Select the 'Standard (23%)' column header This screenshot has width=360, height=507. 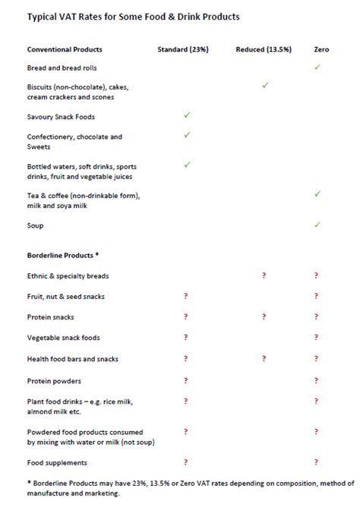tap(182, 49)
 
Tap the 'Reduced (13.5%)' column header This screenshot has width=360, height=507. tap(264, 49)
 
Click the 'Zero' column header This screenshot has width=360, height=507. tap(321, 49)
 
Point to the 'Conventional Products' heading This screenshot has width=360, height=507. tap(65, 49)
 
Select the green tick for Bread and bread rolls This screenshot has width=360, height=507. tap(317, 68)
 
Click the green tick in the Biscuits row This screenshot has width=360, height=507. tap(265, 86)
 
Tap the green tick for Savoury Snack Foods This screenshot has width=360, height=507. tap(186, 115)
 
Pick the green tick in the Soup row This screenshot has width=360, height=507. tap(317, 225)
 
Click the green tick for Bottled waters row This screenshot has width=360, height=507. tap(186, 164)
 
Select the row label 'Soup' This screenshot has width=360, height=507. tap(36, 225)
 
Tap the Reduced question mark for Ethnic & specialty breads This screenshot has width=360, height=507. tap(264, 276)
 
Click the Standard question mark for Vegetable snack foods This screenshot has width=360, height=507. tap(185, 337)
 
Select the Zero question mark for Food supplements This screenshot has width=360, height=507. tap(316, 461)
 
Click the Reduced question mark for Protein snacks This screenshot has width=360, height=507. tap(264, 316)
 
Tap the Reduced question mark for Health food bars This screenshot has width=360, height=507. tap(264, 358)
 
